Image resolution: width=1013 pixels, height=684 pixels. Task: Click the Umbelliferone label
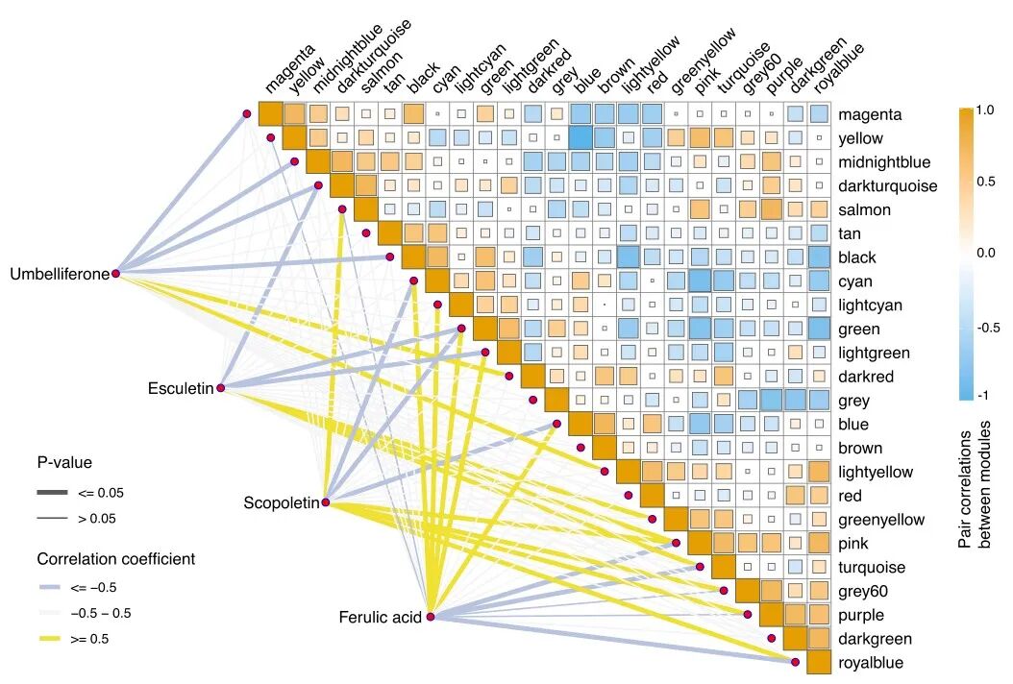(60, 275)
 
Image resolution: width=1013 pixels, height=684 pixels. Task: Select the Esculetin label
(180, 389)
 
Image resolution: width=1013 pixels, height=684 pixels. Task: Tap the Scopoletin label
(281, 503)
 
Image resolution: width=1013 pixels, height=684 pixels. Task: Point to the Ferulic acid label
(380, 618)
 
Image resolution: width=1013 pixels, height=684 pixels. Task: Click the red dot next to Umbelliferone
(115, 274)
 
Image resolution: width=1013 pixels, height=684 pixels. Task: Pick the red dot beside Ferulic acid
(431, 617)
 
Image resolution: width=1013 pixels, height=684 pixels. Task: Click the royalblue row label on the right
(871, 663)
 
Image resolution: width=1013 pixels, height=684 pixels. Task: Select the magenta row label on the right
(870, 114)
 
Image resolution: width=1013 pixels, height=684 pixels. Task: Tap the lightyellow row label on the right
(876, 473)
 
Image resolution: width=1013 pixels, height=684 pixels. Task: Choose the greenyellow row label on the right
(880, 520)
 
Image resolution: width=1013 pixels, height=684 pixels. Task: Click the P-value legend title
(64, 462)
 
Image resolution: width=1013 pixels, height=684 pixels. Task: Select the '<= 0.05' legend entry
(100, 493)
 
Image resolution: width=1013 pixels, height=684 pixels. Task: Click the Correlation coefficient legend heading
(115, 558)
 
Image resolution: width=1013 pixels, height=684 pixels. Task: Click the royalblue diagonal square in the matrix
(818, 663)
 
